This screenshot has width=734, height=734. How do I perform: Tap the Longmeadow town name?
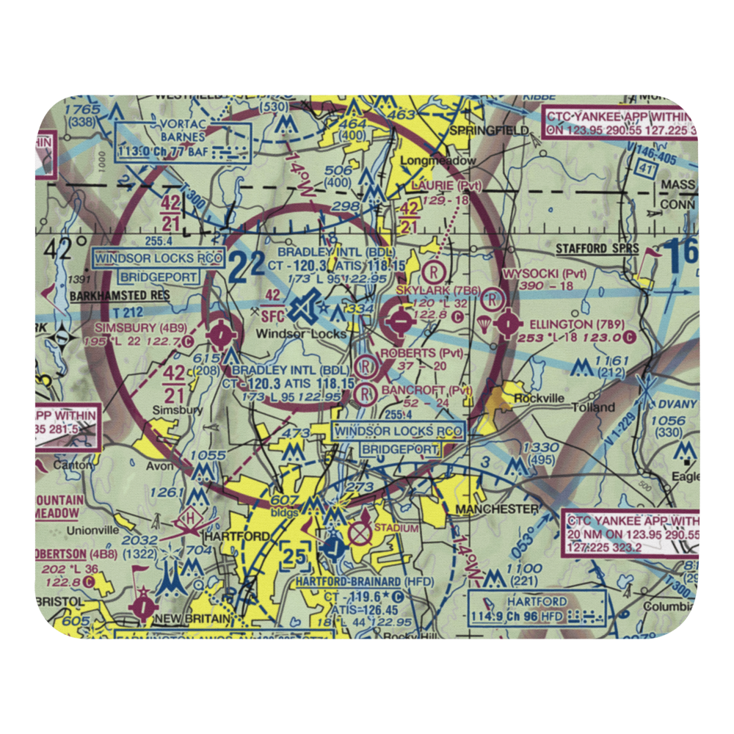(438, 161)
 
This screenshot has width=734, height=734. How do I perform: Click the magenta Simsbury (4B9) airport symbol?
(219, 335)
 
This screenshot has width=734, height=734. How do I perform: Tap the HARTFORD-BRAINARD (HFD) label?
(355, 581)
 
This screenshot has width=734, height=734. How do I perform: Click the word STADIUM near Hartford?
(396, 528)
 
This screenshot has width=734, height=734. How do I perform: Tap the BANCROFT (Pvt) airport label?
(424, 390)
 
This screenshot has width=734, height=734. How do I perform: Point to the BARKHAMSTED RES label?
(120, 297)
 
